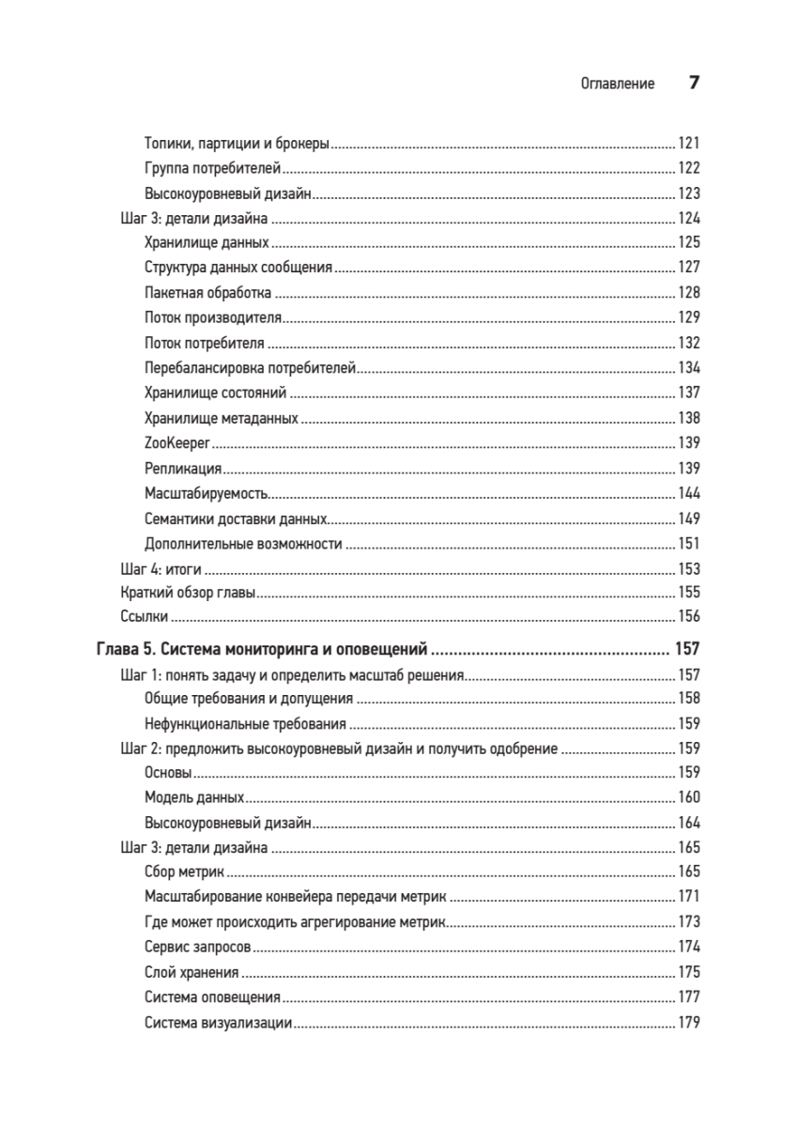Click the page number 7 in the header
coord(694,83)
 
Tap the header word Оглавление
coord(618,84)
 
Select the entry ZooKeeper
coord(176,442)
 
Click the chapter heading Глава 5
coord(263,649)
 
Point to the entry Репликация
coord(183,468)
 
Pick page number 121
coord(688,144)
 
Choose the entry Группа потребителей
coord(213,169)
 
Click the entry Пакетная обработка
coord(208,293)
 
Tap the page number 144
coord(688,493)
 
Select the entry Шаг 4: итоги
coord(162,568)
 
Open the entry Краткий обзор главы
coord(189,593)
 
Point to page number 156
coord(688,617)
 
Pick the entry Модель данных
coord(194,797)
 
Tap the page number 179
coord(688,1023)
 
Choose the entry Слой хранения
coord(192,973)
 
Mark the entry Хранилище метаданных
coord(222,418)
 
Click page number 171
coord(688,897)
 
